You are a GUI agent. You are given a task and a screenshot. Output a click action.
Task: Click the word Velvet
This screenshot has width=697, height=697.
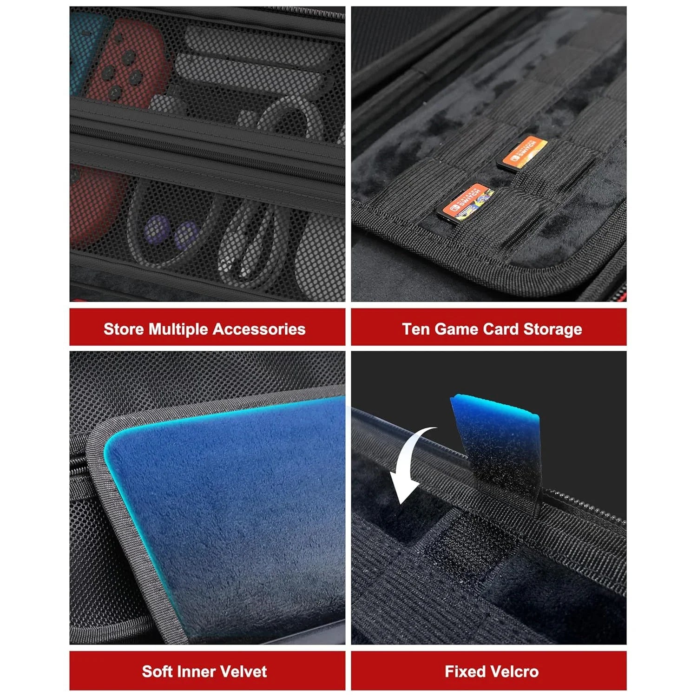pyautogui.click(x=243, y=671)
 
